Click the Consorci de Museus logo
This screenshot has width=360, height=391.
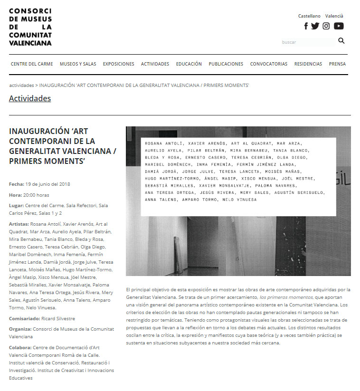coord(30,27)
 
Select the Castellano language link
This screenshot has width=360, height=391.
coord(309,16)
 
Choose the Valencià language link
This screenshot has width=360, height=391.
coord(334,16)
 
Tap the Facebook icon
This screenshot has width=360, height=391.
coord(306,26)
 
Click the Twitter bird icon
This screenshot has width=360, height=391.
coord(315,26)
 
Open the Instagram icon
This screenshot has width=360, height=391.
coord(326,26)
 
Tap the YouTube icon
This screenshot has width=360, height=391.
coord(339,26)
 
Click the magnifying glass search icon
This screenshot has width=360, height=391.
coord(341,41)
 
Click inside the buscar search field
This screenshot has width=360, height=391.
coord(306,42)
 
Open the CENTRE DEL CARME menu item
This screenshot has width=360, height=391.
coord(32,64)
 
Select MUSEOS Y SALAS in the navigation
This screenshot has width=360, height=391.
coord(78,64)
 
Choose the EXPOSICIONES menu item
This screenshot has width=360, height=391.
coord(118,64)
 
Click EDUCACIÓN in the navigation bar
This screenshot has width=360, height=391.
coord(189,64)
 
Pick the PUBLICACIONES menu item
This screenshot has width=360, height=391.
coord(226,64)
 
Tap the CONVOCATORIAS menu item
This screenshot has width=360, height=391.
coord(268,64)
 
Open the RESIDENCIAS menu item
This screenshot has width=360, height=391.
coord(308,64)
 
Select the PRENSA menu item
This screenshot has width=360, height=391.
coord(337,64)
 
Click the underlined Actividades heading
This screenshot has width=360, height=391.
coord(30,99)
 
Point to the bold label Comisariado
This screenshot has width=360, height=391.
coord(24,318)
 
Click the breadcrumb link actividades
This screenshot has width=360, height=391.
coord(21,86)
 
